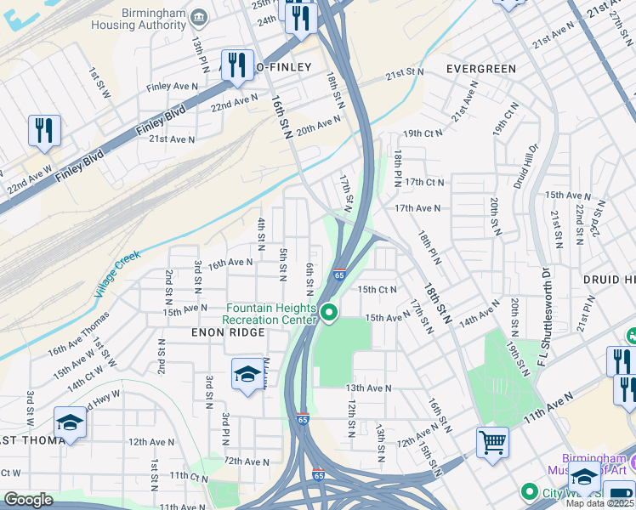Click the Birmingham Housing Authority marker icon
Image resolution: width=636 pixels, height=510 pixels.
pyautogui.click(x=199, y=17)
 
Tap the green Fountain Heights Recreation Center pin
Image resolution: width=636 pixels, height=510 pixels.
pyautogui.click(x=329, y=314)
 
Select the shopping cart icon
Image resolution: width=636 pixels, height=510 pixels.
pyautogui.click(x=492, y=442)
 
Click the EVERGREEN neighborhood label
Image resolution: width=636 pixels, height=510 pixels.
pyautogui.click(x=480, y=68)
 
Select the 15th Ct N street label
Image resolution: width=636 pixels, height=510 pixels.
pyautogui.click(x=377, y=289)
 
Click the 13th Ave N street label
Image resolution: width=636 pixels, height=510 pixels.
pyautogui.click(x=368, y=388)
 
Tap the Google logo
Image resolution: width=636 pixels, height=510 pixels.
pyautogui.click(x=28, y=500)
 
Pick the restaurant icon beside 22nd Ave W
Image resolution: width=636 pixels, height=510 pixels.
pyautogui.click(x=43, y=132)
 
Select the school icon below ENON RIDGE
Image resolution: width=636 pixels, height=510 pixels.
pyautogui.click(x=247, y=375)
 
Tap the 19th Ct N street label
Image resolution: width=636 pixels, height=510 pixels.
pyautogui.click(x=423, y=133)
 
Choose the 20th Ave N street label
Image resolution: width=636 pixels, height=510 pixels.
pyautogui.click(x=319, y=124)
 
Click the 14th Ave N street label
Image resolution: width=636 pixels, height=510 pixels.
pyautogui.click(x=480, y=319)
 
